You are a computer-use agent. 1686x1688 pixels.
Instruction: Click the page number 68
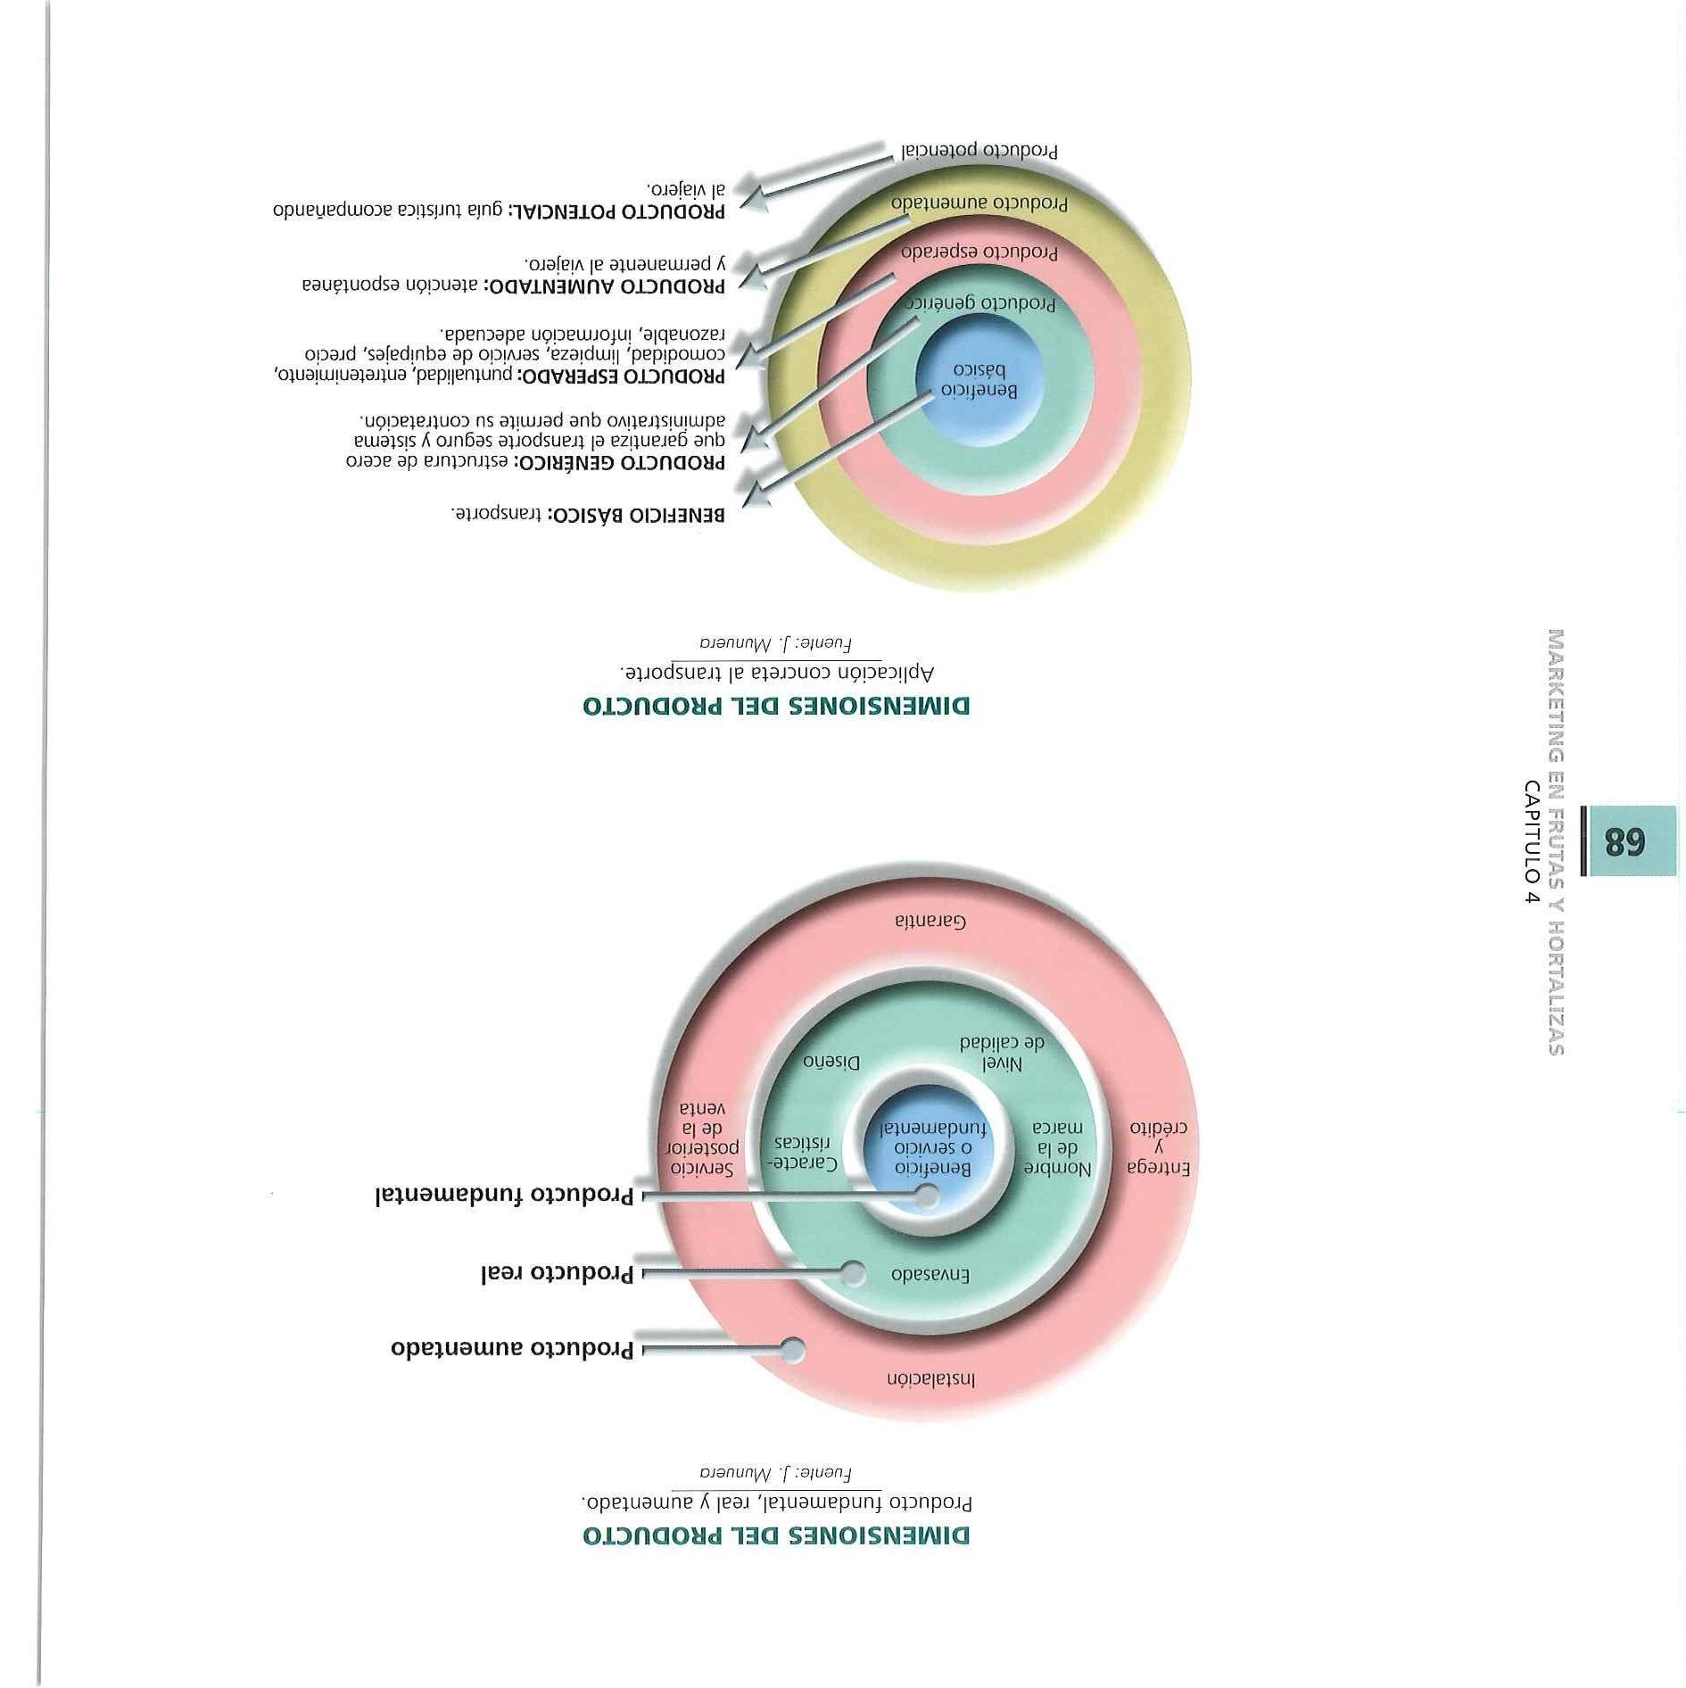[1624, 840]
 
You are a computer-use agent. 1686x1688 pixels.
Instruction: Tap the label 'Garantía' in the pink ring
[930, 921]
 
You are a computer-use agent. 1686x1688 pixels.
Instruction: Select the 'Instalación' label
[930, 1378]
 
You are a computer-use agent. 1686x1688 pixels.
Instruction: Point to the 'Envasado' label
[930, 1275]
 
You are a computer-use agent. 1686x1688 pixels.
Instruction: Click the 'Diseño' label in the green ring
[831, 1062]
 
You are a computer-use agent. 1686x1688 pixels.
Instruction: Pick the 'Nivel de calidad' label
[1002, 1053]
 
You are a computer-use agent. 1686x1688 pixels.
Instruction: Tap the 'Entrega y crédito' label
[1159, 1146]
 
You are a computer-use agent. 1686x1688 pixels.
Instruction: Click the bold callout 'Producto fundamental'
[504, 1196]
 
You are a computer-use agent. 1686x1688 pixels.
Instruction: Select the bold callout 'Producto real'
[557, 1273]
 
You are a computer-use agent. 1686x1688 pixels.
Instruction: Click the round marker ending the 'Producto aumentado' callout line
[792, 1350]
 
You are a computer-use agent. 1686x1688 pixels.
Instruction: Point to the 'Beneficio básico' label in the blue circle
[979, 380]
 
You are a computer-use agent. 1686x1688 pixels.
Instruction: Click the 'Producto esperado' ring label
[979, 252]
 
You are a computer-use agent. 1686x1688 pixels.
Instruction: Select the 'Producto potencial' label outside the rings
[979, 151]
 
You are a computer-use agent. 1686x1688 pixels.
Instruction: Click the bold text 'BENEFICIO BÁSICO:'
[635, 515]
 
